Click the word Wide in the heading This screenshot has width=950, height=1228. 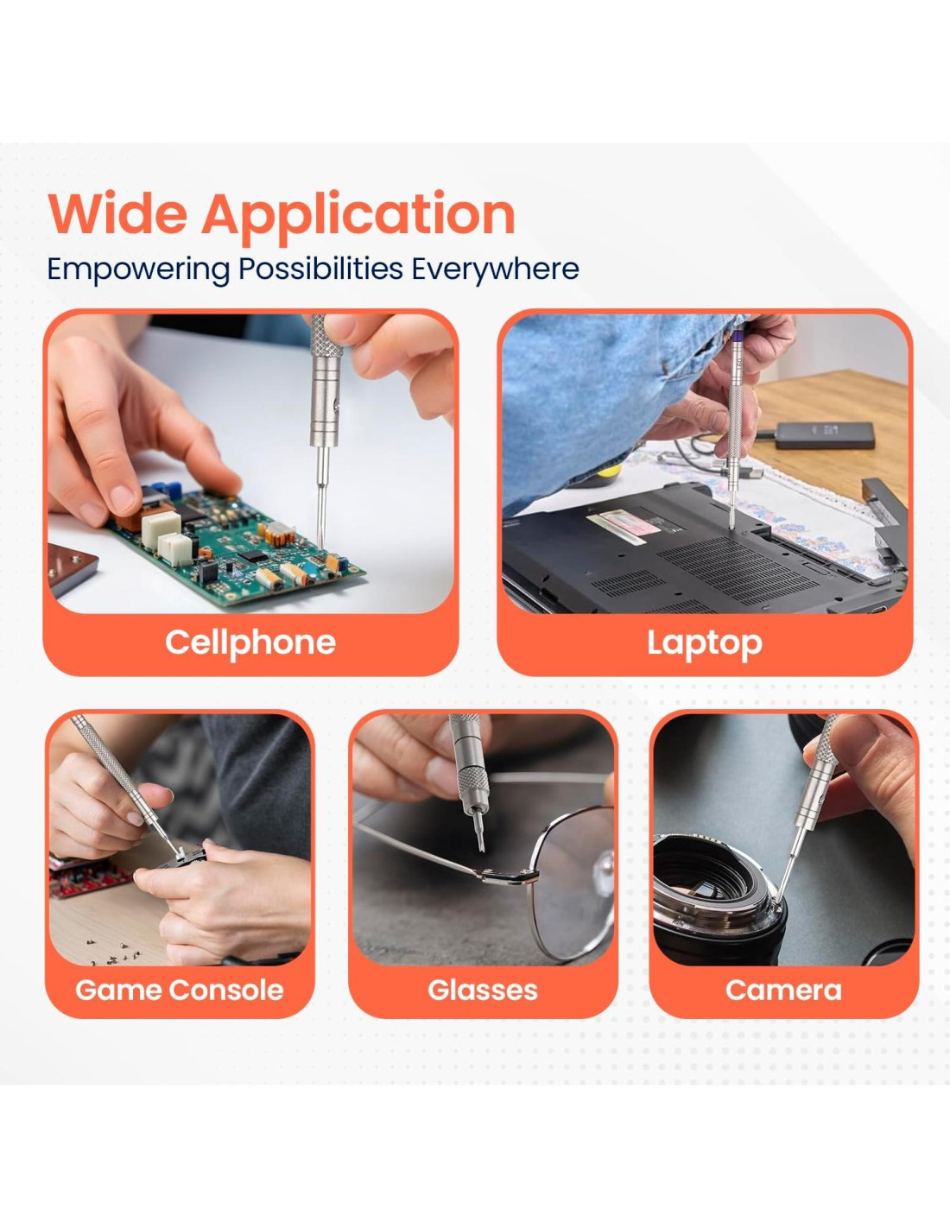(117, 214)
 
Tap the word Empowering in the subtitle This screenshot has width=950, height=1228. (138, 269)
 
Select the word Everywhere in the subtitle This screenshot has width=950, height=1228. (495, 269)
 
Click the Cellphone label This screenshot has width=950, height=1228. (250, 642)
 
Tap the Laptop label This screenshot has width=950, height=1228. (705, 643)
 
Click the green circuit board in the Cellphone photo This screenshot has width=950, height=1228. (237, 548)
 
